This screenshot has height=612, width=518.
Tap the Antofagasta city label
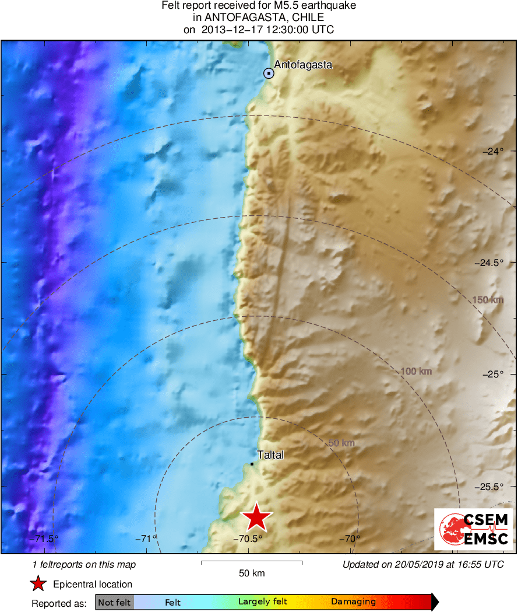point(303,65)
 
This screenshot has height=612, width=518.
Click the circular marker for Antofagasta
point(269,74)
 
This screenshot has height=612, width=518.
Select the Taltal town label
point(270,455)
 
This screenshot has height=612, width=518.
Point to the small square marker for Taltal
point(252,464)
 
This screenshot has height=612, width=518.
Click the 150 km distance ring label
point(488,300)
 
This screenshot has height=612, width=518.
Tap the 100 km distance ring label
point(415,371)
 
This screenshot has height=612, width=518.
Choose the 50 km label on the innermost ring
point(341,443)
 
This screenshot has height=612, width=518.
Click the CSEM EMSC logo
point(473,529)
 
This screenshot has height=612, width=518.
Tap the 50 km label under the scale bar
point(252,573)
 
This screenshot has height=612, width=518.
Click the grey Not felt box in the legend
point(114,602)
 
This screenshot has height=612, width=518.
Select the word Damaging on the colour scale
point(353,602)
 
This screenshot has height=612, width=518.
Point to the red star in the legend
point(38,583)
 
